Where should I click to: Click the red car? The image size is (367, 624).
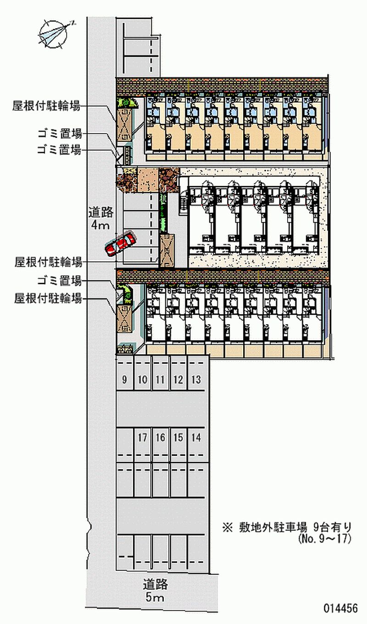pos(120,244)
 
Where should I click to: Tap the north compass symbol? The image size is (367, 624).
pos(54,34)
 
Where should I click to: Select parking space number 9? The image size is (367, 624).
pos(125,380)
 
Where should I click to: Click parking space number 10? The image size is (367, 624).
pos(142,380)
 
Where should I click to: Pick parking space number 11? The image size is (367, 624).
pos(160,380)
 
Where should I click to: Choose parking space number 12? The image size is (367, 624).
pos(178,380)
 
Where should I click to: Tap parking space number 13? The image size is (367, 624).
pos(196,380)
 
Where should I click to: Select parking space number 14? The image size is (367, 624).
pos(196,438)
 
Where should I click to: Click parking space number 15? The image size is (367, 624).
pos(178,438)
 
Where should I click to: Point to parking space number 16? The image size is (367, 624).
pos(160,438)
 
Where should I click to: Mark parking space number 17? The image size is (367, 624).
pos(142,438)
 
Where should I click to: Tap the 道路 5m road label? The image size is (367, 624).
pos(155,591)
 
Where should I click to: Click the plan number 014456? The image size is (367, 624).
pos(340,609)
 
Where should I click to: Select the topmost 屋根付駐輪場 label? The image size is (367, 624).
pos(47,107)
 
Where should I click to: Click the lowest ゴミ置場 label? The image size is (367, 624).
pos(60,281)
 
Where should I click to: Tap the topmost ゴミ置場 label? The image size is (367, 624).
pos(60,134)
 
